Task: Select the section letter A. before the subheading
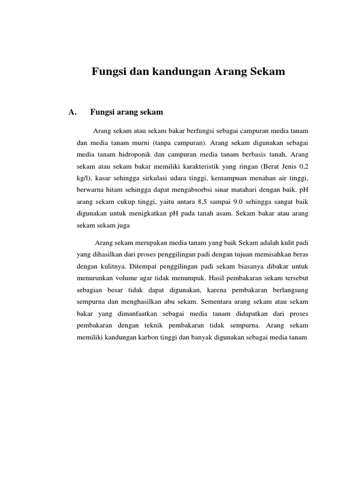click(72, 112)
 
